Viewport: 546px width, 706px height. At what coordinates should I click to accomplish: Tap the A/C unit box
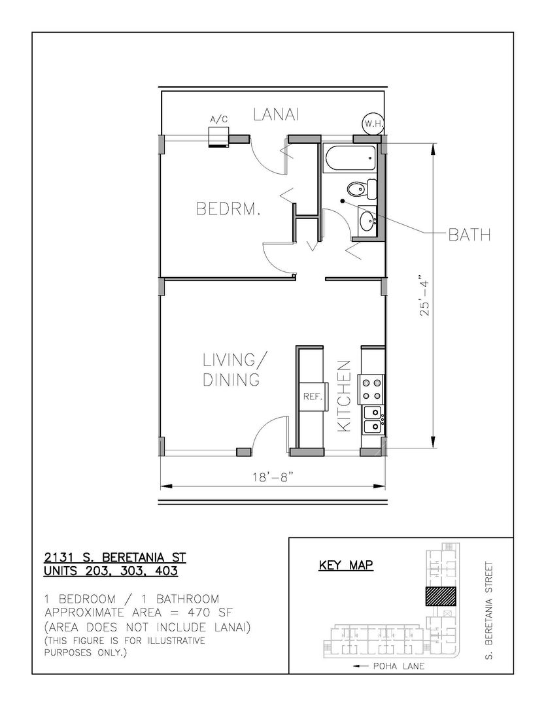[219, 137]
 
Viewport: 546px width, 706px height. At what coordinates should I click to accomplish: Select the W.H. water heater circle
[373, 124]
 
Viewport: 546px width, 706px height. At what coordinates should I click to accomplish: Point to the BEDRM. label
[228, 209]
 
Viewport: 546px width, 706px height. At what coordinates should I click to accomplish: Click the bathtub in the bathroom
[350, 158]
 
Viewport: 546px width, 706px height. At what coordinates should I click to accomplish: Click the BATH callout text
[469, 235]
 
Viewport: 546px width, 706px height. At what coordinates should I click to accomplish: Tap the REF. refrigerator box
[313, 396]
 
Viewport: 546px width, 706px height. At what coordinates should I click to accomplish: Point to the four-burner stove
[371, 390]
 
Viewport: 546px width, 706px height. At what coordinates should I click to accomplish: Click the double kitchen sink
[373, 420]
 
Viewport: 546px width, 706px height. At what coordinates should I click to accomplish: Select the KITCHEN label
[344, 396]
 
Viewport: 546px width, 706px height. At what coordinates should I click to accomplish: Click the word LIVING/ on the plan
[235, 360]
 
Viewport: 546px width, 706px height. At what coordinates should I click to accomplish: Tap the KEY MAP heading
[346, 565]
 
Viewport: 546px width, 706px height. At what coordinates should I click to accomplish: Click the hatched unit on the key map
[441, 596]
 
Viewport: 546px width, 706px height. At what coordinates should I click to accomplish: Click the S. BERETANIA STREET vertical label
[489, 610]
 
